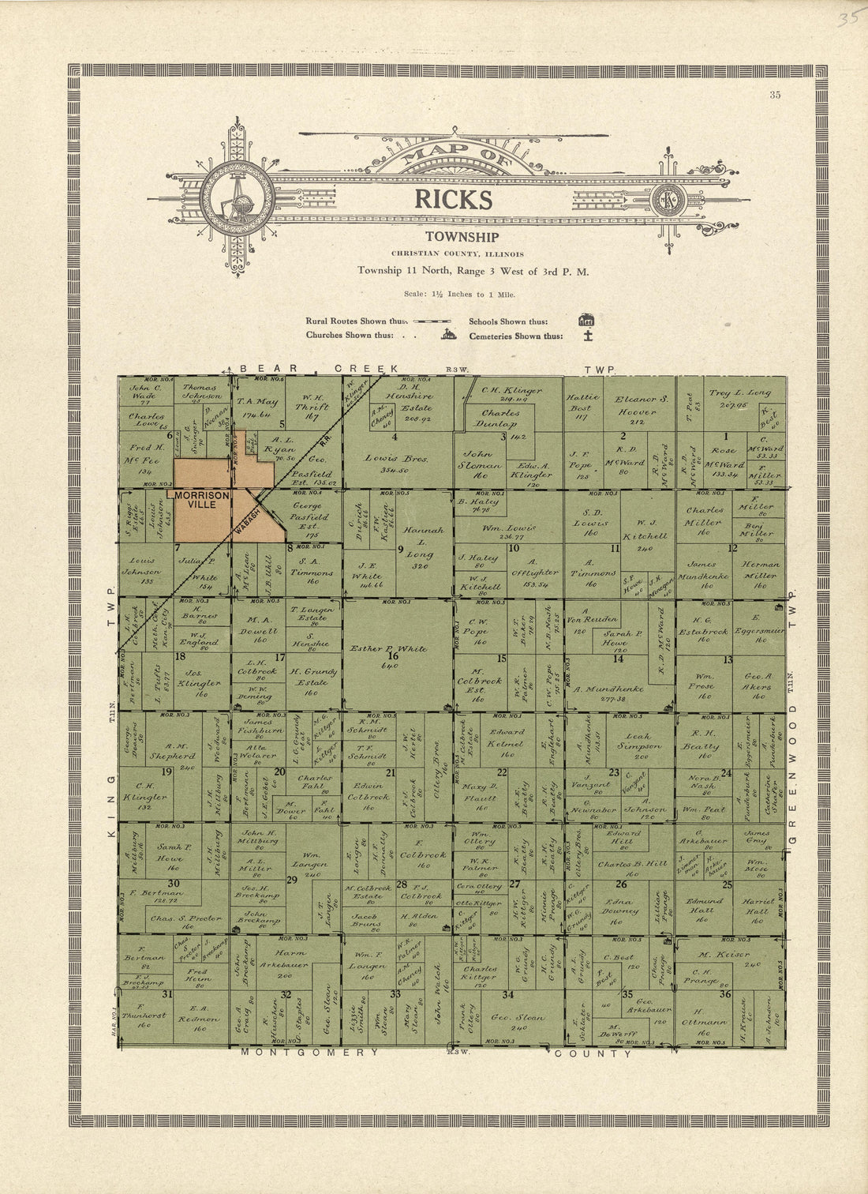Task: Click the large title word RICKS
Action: (454, 200)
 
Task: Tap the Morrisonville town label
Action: (202, 499)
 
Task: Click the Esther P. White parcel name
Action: (388, 649)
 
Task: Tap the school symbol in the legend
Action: (586, 321)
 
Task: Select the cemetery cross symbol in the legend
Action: (587, 336)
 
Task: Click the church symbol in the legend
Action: (448, 335)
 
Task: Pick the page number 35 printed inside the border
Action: (775, 96)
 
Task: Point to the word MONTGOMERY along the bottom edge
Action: (310, 1053)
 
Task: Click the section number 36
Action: (724, 994)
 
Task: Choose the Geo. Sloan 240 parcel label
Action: (518, 1018)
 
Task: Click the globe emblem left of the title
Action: (238, 197)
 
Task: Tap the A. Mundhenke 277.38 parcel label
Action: (610, 689)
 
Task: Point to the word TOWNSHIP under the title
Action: (462, 237)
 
